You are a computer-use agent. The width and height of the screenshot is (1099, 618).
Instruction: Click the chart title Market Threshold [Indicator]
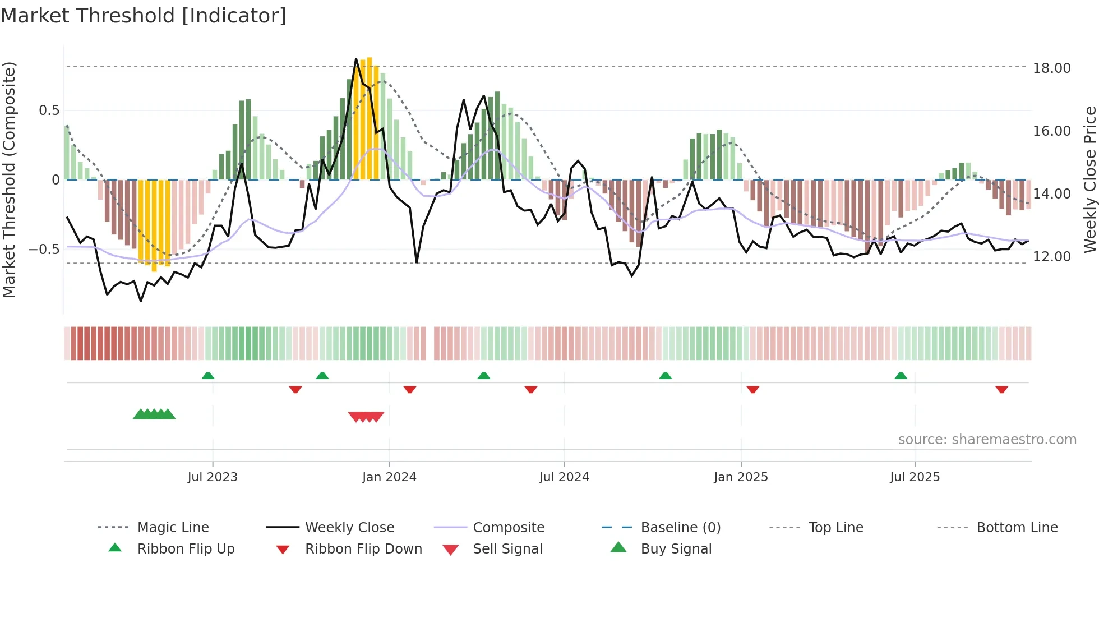pyautogui.click(x=144, y=16)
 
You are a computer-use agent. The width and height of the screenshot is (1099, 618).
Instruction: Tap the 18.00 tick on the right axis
pyautogui.click(x=1051, y=68)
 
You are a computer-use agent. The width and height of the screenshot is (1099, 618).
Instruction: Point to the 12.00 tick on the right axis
pyautogui.click(x=1051, y=256)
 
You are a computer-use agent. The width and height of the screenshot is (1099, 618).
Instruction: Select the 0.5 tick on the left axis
pyautogui.click(x=49, y=110)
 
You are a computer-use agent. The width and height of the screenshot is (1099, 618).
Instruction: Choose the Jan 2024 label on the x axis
pyautogui.click(x=389, y=477)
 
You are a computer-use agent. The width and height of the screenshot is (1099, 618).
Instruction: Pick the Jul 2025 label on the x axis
pyautogui.click(x=915, y=477)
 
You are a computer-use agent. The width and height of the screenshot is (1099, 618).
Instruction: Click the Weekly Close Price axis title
pyautogui.click(x=1089, y=179)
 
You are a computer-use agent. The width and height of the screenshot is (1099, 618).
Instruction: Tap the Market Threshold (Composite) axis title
pyautogui.click(x=9, y=179)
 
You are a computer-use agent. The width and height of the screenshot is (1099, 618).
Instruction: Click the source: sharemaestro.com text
pyautogui.click(x=987, y=439)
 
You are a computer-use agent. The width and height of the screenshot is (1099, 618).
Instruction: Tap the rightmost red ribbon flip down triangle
pyautogui.click(x=1001, y=389)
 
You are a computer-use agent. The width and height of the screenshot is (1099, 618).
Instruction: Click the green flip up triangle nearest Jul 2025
pyautogui.click(x=901, y=376)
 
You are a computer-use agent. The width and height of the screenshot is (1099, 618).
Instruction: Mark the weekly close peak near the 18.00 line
pyautogui.click(x=356, y=59)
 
